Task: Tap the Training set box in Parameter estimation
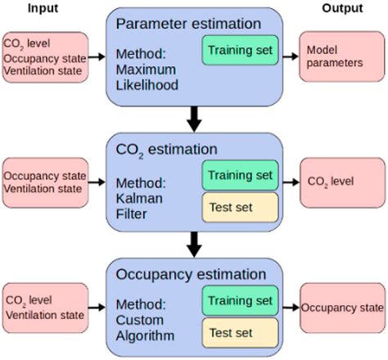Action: tap(241, 50)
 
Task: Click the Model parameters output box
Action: tap(338, 57)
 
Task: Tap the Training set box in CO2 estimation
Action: tap(241, 175)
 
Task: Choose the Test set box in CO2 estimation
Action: tap(241, 204)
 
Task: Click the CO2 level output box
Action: tap(338, 181)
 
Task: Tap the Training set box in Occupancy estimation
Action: tap(241, 301)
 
